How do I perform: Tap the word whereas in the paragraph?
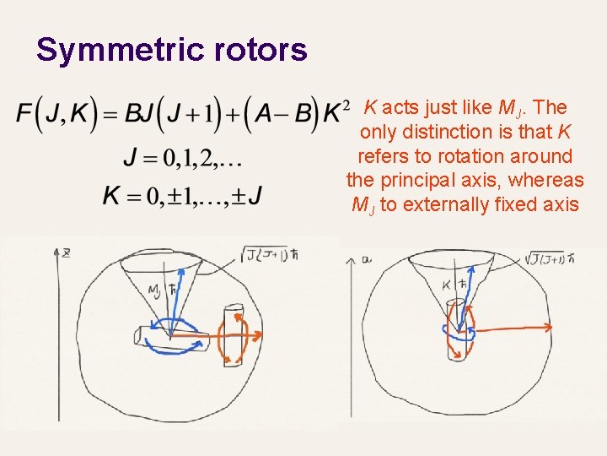pos(551,180)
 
